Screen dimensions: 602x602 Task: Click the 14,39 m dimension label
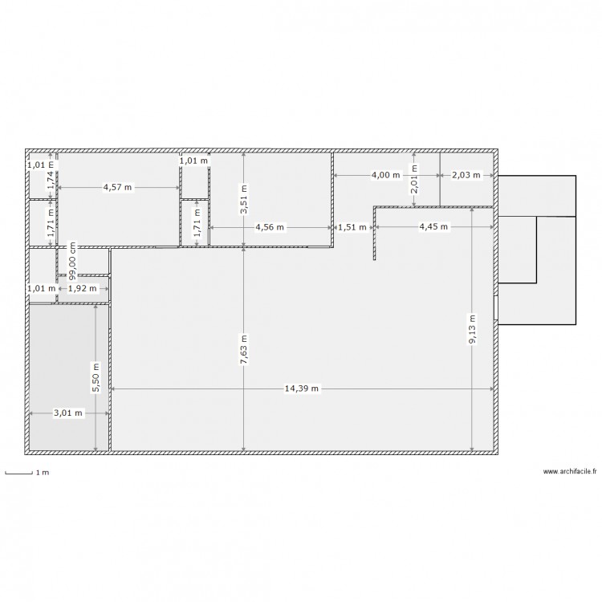(302, 388)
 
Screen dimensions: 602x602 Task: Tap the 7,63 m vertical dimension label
(243, 350)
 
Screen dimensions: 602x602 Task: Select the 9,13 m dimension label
(472, 328)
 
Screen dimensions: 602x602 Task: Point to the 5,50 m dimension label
(96, 376)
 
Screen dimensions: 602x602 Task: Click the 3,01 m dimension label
(67, 413)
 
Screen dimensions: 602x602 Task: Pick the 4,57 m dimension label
(118, 187)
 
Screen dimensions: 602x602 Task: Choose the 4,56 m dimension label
(270, 227)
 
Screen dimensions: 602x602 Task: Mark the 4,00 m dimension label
(385, 175)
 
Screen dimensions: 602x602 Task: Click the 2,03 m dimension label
(466, 175)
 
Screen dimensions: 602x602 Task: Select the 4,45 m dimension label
(433, 227)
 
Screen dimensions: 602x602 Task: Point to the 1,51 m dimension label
(352, 227)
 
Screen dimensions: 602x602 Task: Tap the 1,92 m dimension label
(82, 288)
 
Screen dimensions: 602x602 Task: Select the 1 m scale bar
(18, 472)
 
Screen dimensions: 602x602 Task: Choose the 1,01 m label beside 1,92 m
(41, 288)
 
